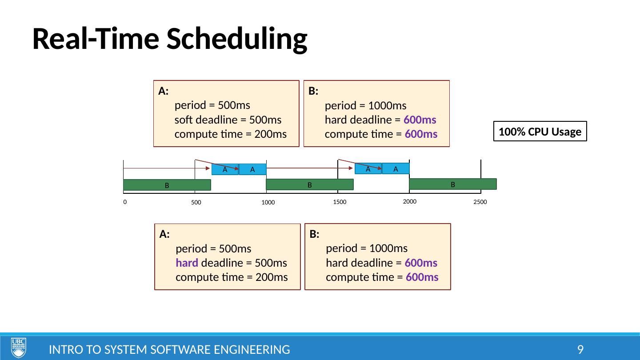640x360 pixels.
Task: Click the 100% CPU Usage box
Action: [x=540, y=132]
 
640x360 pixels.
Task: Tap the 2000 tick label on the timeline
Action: [x=409, y=202]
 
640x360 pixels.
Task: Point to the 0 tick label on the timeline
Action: [x=125, y=202]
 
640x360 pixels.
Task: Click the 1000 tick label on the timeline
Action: [x=268, y=203]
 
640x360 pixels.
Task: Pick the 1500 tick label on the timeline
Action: [x=339, y=202]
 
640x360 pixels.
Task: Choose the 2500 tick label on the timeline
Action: [x=480, y=202]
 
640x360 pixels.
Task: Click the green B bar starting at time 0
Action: [x=167, y=185]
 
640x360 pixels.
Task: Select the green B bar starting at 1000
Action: [x=309, y=184]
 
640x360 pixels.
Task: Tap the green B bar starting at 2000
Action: [x=452, y=184]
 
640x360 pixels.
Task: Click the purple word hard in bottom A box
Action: [x=187, y=263]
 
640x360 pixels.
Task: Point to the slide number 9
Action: [x=580, y=350]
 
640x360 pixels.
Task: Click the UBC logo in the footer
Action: [x=18, y=348]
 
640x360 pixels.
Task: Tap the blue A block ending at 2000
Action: [x=396, y=168]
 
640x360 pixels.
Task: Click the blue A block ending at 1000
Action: [x=252, y=169]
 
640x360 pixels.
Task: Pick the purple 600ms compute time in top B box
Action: [x=421, y=134]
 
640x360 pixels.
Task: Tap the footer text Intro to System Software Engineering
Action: [x=169, y=350]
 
